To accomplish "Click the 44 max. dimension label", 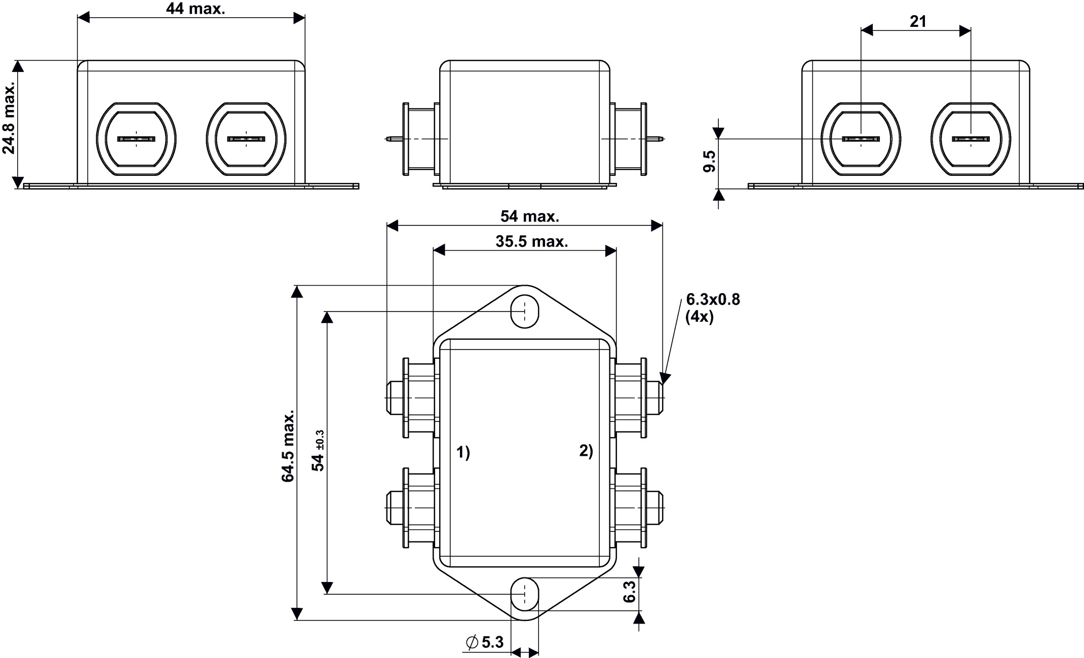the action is tap(196, 9).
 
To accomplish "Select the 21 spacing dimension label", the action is tap(918, 21).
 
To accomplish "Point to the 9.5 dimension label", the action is tap(710, 162).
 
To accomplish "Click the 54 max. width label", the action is tap(530, 216).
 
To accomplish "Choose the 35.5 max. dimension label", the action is tap(532, 242).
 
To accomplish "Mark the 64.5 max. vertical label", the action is tap(288, 446).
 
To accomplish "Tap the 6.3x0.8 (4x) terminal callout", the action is tap(713, 308).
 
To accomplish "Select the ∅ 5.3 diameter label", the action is tap(485, 642).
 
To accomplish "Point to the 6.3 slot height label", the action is tap(630, 592).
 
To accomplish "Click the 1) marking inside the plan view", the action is tap(463, 452).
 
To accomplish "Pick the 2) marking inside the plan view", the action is tap(586, 451).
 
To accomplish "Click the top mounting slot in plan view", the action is tap(525, 311).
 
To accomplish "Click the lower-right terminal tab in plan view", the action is tap(655, 508).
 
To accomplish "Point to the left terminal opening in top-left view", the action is tap(136, 139).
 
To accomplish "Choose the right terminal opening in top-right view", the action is tap(971, 139).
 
